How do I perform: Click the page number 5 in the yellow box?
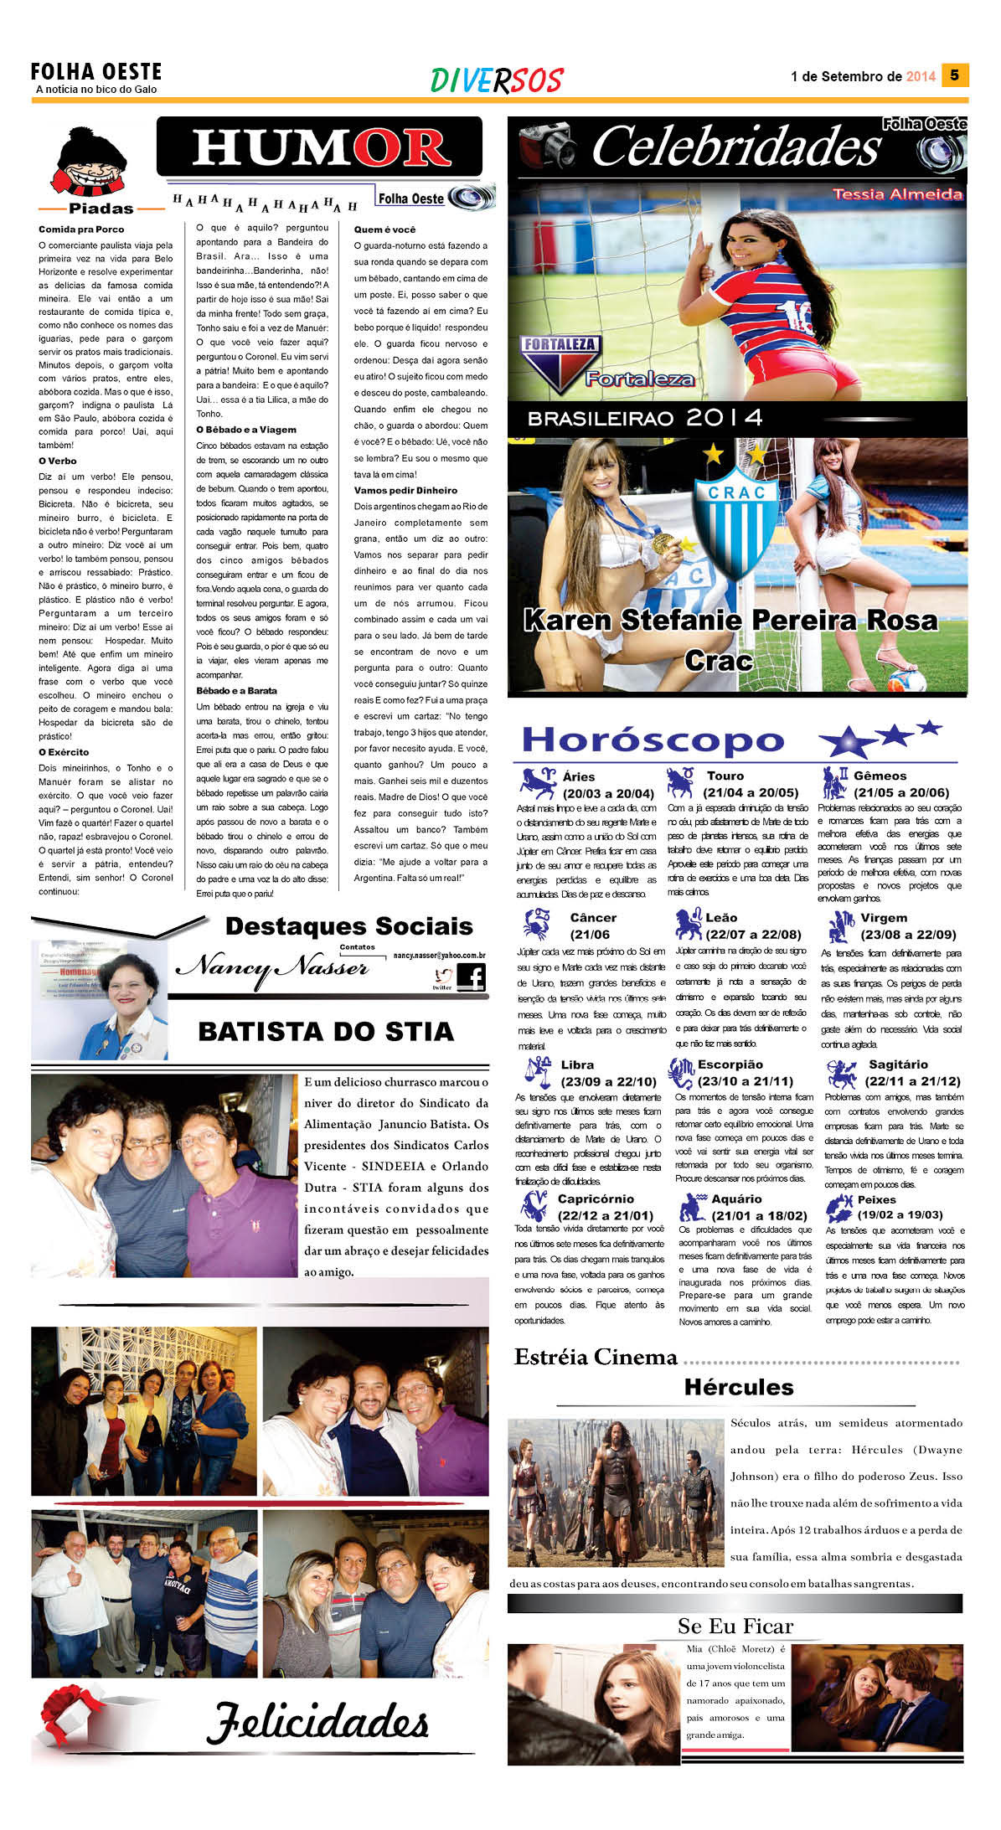point(954,75)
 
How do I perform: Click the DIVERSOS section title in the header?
point(497,80)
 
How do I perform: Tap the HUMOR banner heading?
point(320,148)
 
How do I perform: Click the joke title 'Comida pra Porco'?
point(81,229)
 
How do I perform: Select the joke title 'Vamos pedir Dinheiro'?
point(405,491)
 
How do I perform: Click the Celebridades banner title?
point(735,147)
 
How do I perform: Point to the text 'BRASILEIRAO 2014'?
point(645,418)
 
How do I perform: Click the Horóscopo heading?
point(653,740)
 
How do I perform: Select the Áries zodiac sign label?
point(579,776)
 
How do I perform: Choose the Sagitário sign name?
point(898,1064)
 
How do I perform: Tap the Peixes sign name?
point(876,1199)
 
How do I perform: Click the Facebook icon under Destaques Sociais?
point(472,977)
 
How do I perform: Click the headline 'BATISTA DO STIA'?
point(326,1032)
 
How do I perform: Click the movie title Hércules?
point(738,1387)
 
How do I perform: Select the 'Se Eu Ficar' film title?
point(735,1626)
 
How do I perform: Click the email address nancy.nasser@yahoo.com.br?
point(440,955)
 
